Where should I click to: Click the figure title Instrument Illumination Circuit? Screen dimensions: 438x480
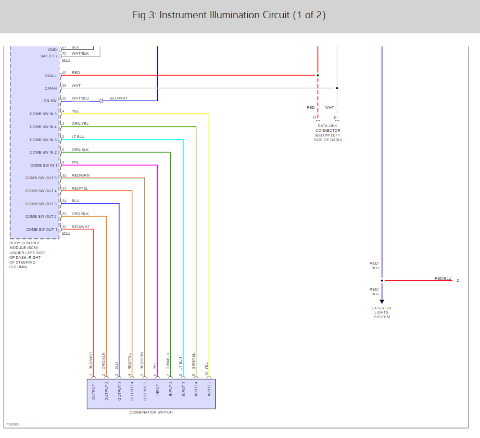coord(229,15)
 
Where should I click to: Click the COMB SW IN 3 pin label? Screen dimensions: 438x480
coord(43,114)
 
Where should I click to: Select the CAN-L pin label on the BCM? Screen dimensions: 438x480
coord(50,76)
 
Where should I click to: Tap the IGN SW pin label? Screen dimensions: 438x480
coord(49,101)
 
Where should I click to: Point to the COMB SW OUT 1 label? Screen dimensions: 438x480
coord(40,229)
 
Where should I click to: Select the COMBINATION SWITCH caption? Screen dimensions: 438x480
coord(151,412)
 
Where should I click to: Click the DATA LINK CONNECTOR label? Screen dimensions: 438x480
coord(328,133)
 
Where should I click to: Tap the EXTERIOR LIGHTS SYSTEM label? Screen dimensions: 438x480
coord(382,312)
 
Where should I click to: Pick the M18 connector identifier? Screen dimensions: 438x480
coord(66,233)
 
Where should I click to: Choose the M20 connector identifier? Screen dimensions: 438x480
coord(66,60)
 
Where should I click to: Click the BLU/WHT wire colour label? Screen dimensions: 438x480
coord(119,98)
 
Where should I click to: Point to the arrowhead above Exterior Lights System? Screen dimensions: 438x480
coord(382,301)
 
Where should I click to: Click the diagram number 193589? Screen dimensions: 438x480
coord(14,424)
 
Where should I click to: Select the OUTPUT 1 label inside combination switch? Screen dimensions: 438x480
coord(94,391)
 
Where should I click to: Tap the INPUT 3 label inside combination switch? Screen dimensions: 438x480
coord(209,391)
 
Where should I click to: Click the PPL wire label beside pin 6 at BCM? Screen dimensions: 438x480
coord(75,162)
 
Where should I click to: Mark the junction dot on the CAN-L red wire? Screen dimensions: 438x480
coord(318,76)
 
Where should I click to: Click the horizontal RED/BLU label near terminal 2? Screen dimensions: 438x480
coord(443,279)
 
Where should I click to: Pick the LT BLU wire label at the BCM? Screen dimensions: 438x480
coord(78,136)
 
